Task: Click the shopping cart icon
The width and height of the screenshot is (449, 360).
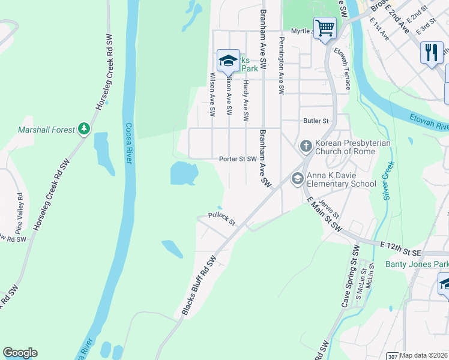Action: pos(325,28)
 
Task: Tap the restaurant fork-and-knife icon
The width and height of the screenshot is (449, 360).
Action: pos(431,52)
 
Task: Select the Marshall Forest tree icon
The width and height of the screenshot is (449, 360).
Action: pos(84,129)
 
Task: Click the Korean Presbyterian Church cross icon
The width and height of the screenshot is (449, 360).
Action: pos(306,146)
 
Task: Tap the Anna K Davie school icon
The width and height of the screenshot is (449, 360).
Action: pos(297,178)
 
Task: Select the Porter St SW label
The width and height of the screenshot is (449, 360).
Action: pos(238,159)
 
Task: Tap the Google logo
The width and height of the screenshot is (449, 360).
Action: pos(20,353)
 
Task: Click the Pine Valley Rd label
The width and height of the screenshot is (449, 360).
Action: pos(20,213)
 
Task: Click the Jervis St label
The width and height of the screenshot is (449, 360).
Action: pos(331,209)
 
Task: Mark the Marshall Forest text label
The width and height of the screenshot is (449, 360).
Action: pos(46,129)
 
